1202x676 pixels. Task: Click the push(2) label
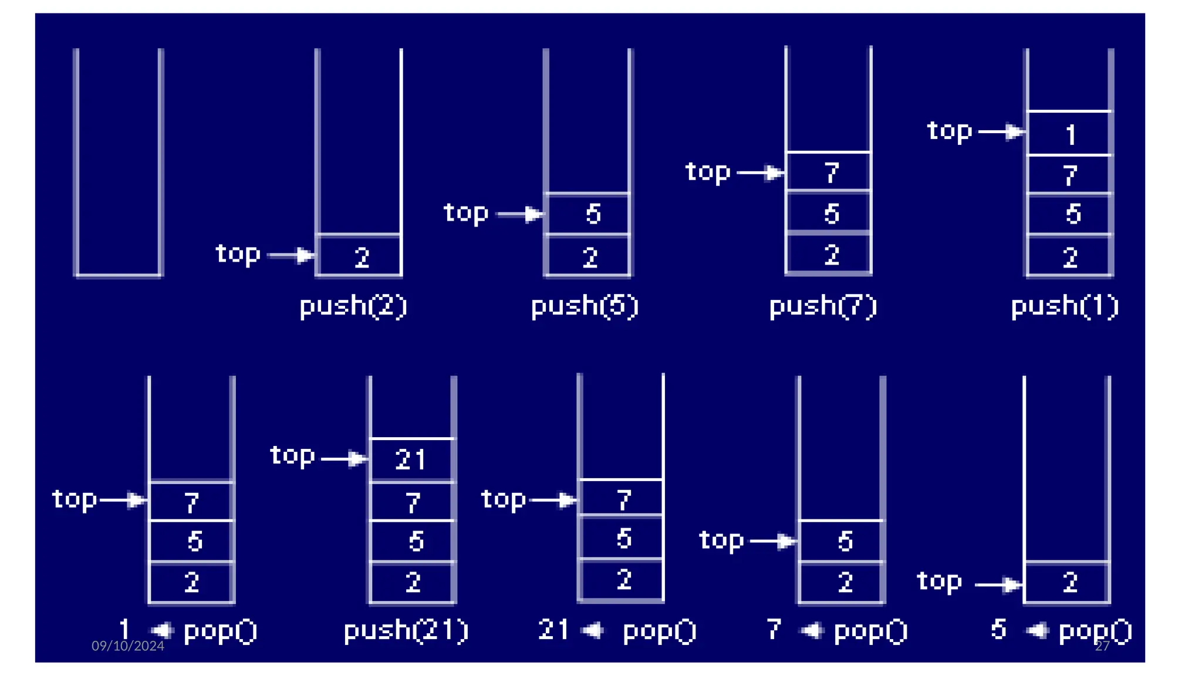(x=353, y=306)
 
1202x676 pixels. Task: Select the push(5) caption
(x=585, y=306)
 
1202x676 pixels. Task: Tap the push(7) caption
(x=823, y=306)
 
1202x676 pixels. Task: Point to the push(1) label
(x=1065, y=306)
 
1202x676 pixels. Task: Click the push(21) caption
(x=406, y=631)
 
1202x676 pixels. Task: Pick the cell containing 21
(x=411, y=460)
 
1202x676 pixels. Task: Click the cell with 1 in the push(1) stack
(x=1069, y=134)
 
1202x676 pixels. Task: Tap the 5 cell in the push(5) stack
(x=588, y=214)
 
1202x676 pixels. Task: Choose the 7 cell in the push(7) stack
(x=829, y=173)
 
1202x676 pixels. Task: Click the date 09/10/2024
(x=128, y=646)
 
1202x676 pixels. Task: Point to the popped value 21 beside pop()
(x=553, y=630)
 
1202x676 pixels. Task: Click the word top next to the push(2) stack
(x=238, y=254)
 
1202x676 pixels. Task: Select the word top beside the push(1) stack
(x=950, y=131)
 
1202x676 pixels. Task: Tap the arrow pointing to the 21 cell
(x=345, y=458)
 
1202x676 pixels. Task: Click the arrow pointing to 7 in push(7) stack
(x=761, y=173)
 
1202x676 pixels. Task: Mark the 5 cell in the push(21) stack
(x=413, y=541)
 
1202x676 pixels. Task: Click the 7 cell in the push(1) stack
(x=1069, y=175)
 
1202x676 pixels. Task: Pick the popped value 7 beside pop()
(x=774, y=630)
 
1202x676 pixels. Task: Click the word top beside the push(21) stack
(x=292, y=456)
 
